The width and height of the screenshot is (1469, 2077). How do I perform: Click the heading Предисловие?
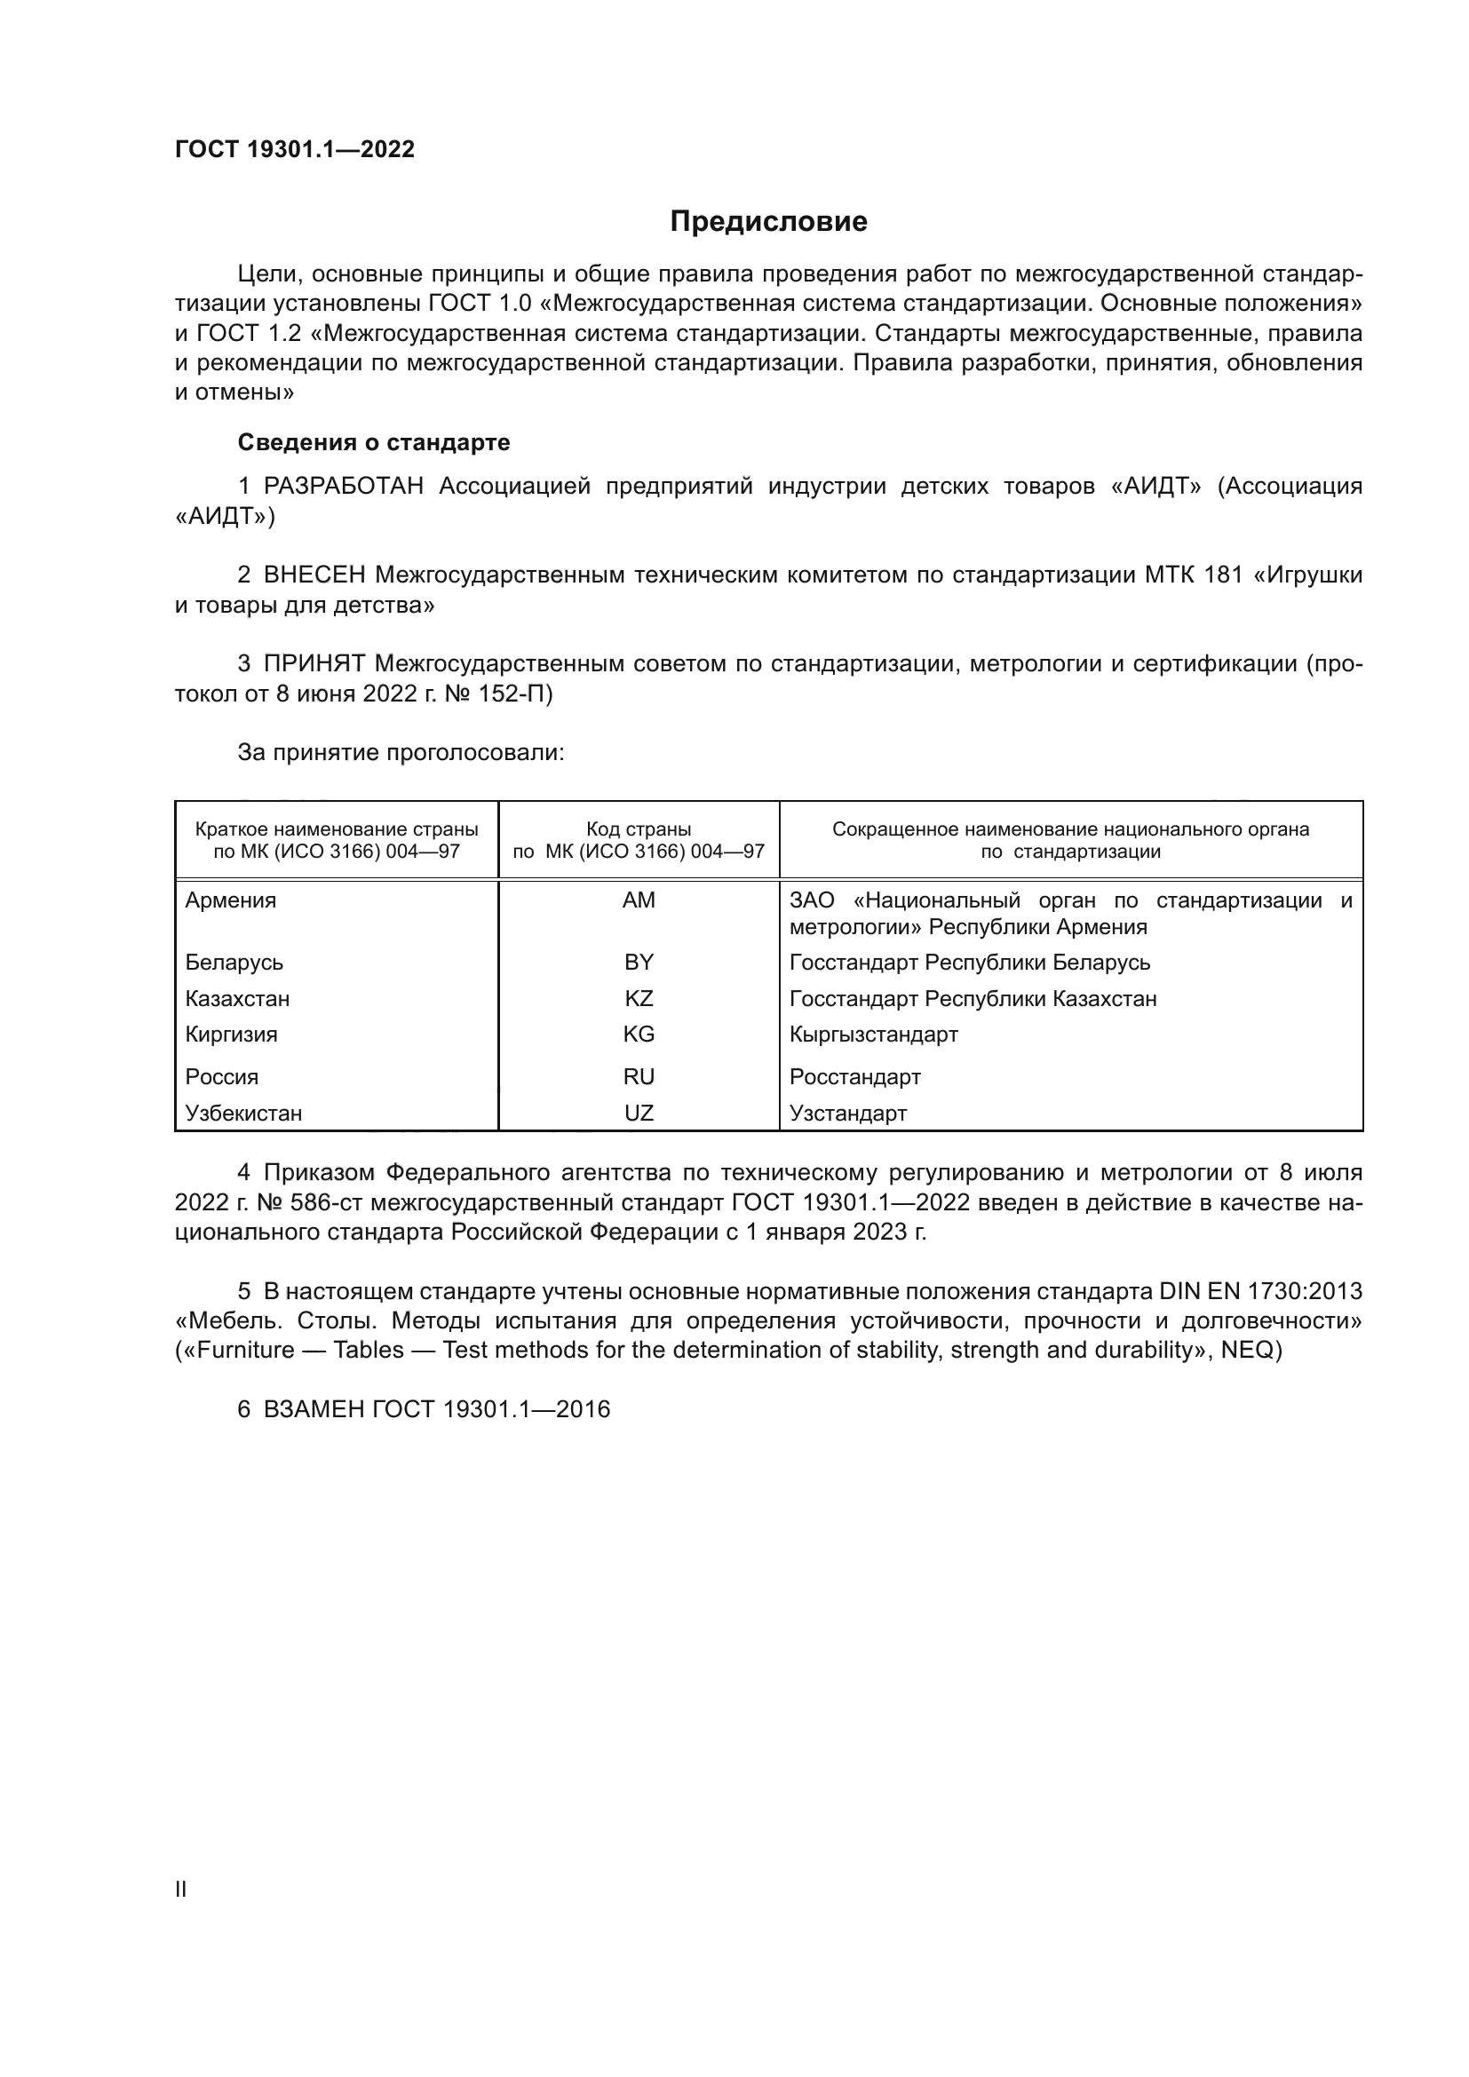coord(768,222)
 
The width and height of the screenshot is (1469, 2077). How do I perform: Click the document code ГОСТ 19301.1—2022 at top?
coord(295,149)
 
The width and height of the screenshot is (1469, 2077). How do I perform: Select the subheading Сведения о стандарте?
coord(374,442)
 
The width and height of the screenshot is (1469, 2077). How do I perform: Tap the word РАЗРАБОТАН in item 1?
coord(344,487)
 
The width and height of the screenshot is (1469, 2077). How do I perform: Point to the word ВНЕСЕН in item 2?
coord(314,575)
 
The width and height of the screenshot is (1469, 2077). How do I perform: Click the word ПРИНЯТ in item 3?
coord(314,664)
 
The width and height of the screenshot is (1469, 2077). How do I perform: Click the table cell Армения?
coord(231,900)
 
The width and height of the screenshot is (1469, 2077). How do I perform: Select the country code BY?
coord(639,963)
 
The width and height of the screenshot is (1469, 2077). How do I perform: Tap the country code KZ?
coord(639,999)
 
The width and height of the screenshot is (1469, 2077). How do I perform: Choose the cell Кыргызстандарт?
coord(873,1034)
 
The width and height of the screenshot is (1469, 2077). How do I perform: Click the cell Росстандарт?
coord(854,1076)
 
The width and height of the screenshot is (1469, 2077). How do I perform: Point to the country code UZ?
coord(639,1113)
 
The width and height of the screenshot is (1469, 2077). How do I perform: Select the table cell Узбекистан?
coord(243,1113)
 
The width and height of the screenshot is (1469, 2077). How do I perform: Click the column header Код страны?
coord(639,829)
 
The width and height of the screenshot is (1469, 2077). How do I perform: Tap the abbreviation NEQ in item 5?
coord(1247,1351)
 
